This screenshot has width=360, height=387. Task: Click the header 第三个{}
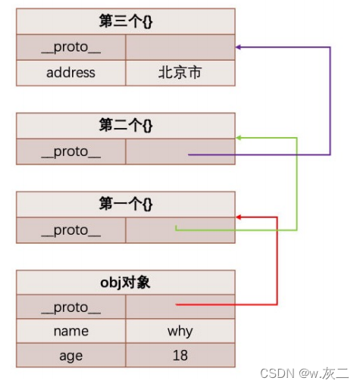[125, 20]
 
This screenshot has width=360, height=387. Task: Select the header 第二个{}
[125, 126]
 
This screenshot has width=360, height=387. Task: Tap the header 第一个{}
[125, 204]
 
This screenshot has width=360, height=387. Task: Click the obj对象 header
[125, 282]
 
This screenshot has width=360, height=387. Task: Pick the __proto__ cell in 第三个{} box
[70, 47]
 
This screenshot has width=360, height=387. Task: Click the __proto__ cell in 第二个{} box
[70, 151]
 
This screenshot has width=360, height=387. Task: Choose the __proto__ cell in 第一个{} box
[70, 230]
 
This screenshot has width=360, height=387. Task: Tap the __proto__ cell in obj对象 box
[70, 307]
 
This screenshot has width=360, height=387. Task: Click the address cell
[70, 73]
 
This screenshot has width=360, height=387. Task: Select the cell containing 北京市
[180, 73]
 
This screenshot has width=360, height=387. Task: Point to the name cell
[70, 331]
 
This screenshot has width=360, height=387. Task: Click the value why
[180, 331]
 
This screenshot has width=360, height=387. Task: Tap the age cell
[70, 354]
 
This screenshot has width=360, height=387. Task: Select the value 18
[180, 354]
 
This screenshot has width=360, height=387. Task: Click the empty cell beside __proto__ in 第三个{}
[180, 47]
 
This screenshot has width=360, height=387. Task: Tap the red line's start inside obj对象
[177, 304]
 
